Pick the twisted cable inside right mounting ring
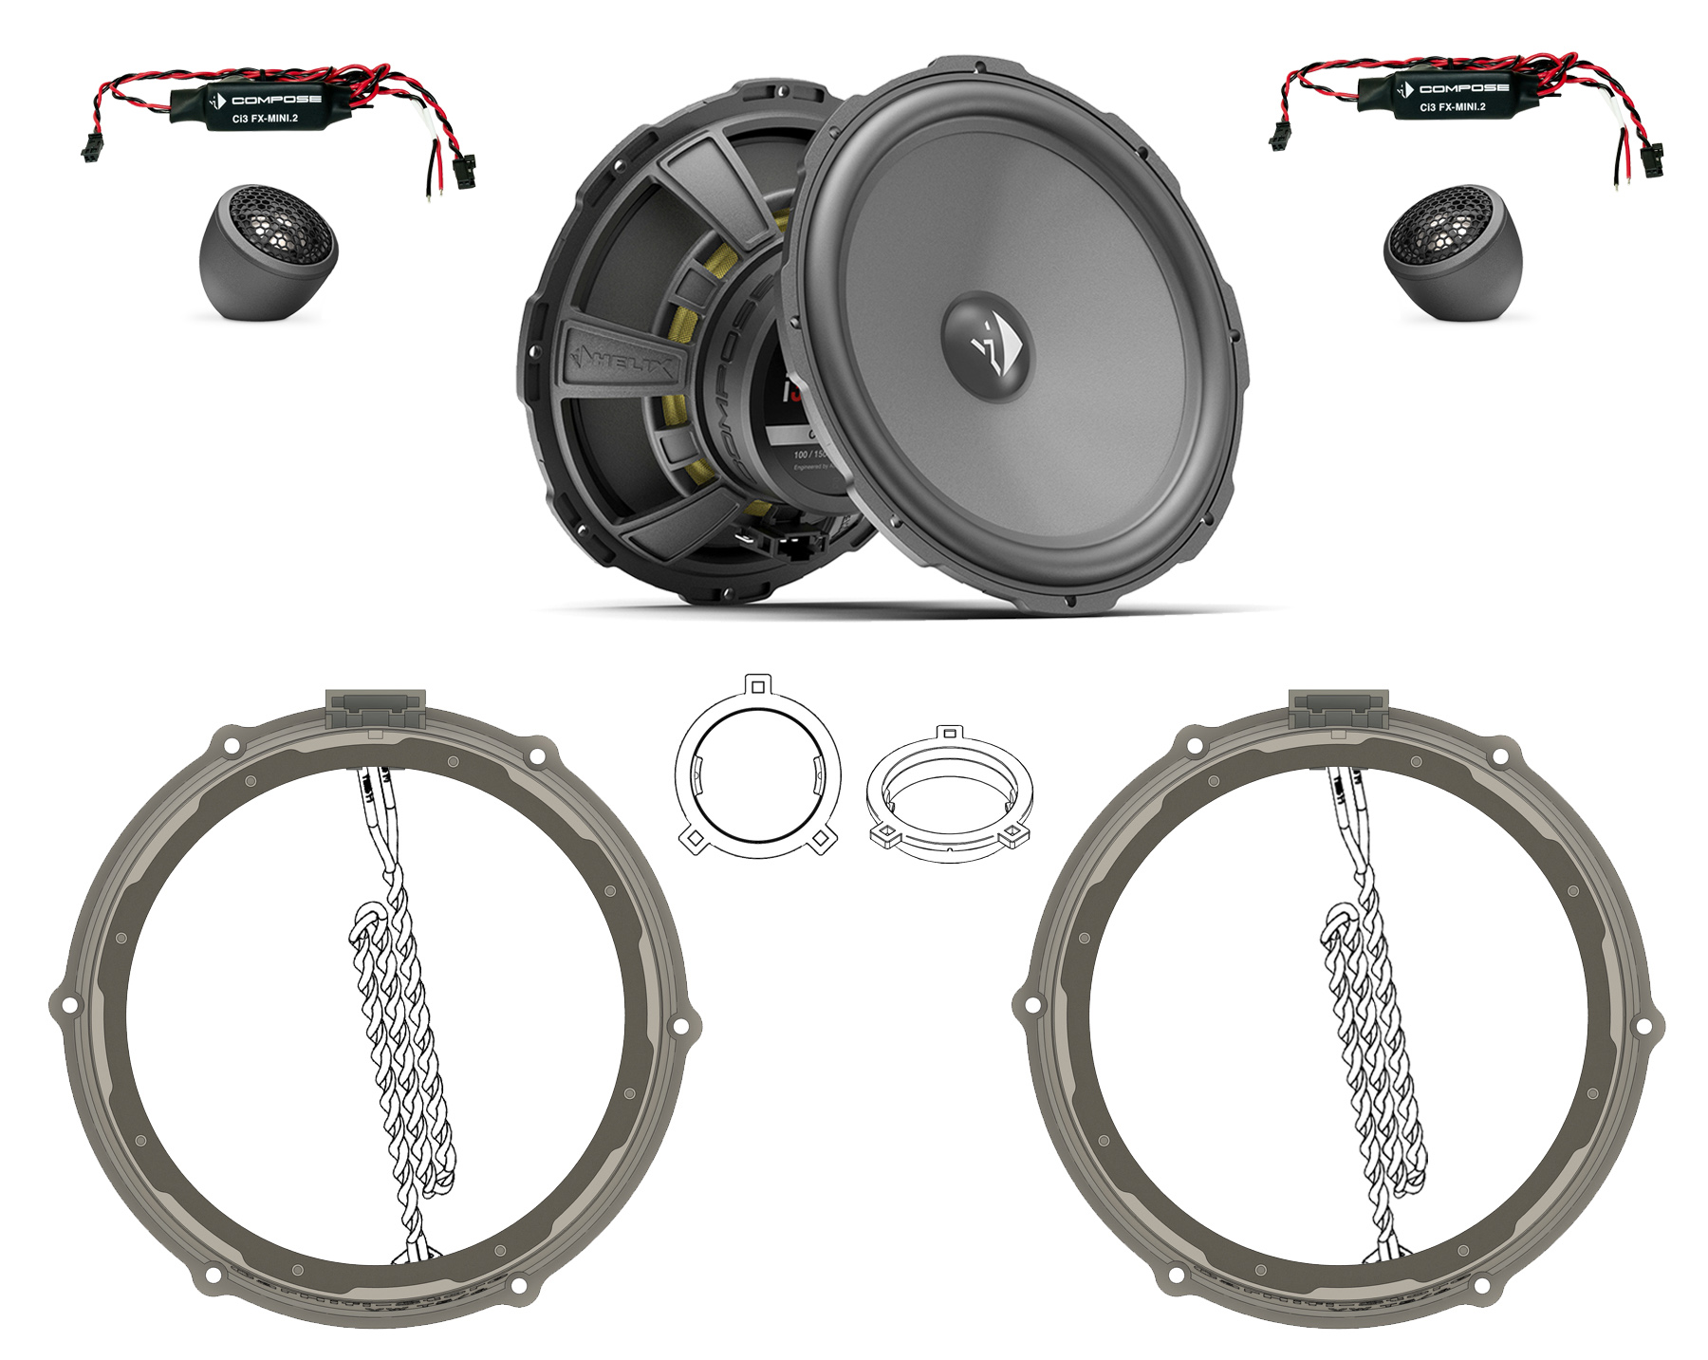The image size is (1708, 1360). [x=1366, y=1006]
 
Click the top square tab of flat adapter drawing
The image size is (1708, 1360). [x=756, y=683]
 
